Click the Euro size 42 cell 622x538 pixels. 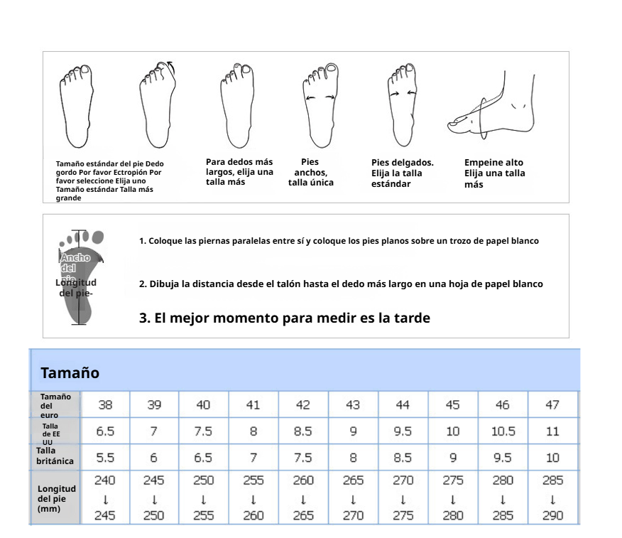click(x=303, y=405)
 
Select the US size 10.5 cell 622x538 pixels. click(x=503, y=431)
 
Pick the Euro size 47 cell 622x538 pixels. click(x=552, y=405)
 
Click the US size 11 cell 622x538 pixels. click(x=552, y=431)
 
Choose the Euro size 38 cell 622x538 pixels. click(x=104, y=405)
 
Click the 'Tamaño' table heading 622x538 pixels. click(x=70, y=373)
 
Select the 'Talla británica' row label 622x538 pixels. click(x=55, y=456)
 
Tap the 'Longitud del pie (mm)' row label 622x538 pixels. click(x=56, y=499)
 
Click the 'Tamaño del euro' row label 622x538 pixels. click(x=55, y=406)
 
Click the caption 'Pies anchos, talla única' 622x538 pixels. click(x=310, y=172)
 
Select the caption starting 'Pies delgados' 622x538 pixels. click(x=402, y=173)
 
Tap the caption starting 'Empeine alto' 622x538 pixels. click(x=494, y=173)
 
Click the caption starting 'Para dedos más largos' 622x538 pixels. click(x=239, y=172)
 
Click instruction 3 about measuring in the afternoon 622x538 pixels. click(x=284, y=318)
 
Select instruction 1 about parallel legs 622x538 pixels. click(x=339, y=241)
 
